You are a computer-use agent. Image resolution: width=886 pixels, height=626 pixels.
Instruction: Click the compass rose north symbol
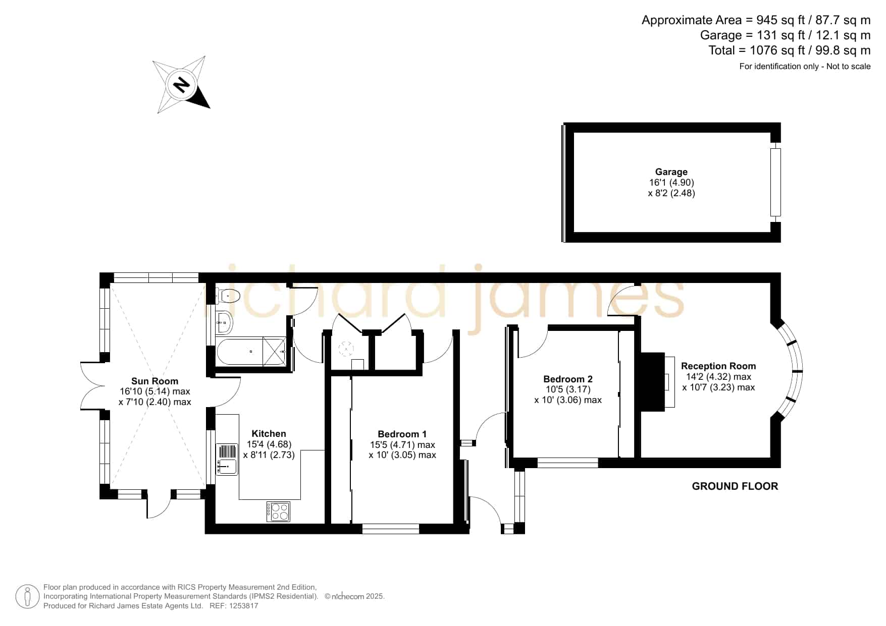point(181,84)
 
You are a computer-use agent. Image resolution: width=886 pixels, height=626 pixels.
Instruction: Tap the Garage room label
point(671,172)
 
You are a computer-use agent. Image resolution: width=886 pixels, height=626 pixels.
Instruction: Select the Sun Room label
point(154,381)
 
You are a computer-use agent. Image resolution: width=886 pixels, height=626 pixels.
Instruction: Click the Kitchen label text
point(269,434)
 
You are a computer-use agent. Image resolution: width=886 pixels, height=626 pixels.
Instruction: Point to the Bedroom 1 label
point(402,434)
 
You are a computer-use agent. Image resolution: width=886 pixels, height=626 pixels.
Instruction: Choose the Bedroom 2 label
point(568,379)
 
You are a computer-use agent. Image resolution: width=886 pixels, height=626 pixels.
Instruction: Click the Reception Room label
point(718,366)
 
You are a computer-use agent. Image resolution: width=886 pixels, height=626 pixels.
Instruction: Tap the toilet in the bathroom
point(228,295)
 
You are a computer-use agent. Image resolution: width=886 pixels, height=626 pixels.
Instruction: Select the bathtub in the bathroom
point(251,352)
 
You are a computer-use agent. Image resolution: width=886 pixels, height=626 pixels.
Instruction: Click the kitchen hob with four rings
point(279,511)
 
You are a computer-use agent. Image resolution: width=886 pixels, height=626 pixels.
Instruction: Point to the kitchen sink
point(227,460)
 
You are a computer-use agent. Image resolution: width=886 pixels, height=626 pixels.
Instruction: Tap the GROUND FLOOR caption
point(735,486)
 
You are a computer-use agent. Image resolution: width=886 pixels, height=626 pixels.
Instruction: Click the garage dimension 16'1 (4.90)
point(671,183)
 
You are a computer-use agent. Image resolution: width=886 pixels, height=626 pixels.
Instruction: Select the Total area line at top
point(790,50)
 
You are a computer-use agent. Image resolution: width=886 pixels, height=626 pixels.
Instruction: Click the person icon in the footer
point(27,597)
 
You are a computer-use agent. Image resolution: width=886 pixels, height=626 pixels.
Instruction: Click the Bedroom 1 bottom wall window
point(391,529)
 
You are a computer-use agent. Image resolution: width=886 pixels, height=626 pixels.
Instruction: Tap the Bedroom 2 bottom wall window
point(568,463)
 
